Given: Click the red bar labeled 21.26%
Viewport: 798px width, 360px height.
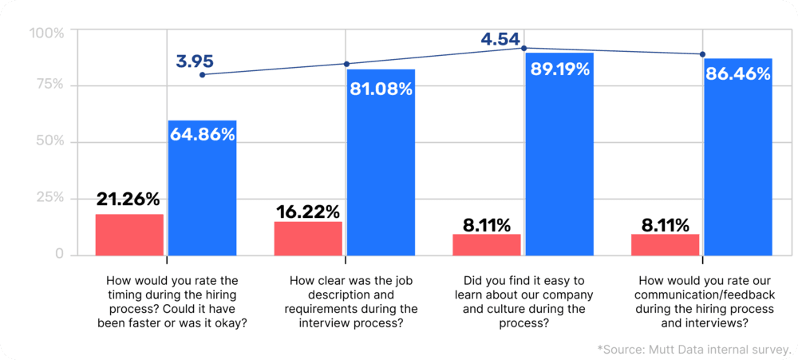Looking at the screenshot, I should (x=129, y=235).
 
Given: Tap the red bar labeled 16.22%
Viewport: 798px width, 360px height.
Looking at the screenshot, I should (x=308, y=238).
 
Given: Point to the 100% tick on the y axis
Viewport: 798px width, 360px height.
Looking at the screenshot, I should (x=46, y=33).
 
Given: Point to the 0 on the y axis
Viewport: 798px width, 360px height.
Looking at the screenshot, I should (x=59, y=254).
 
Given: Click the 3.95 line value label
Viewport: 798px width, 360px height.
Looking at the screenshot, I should (x=195, y=60).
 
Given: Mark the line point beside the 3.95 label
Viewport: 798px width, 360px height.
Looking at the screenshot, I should (x=203, y=74).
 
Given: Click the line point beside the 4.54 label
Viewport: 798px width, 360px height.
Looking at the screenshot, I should (x=524, y=48).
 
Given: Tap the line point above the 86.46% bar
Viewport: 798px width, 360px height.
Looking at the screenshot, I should (x=702, y=54).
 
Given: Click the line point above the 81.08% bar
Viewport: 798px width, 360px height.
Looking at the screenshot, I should (x=346, y=64).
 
